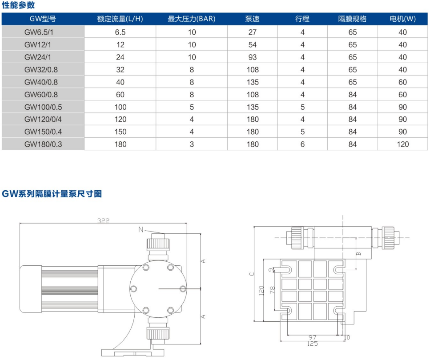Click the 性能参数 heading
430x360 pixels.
(19, 5)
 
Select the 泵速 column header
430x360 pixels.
(252, 19)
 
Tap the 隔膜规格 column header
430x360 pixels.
(352, 19)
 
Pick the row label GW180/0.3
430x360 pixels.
(43, 144)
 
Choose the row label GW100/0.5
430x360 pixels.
(43, 107)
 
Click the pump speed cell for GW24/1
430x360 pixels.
(252, 57)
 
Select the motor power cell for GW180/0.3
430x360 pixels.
(402, 144)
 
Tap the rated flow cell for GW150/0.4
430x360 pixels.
(120, 132)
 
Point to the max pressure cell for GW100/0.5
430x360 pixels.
(192, 107)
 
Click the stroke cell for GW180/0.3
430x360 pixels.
(302, 144)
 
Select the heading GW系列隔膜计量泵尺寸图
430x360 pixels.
(52, 194)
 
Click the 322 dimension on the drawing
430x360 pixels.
(103, 220)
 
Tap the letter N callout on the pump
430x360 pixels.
(141, 229)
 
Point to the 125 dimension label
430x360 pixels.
(314, 343)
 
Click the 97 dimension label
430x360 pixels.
(314, 337)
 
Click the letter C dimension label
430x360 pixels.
(251, 274)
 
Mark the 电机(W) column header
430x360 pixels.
(402, 19)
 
